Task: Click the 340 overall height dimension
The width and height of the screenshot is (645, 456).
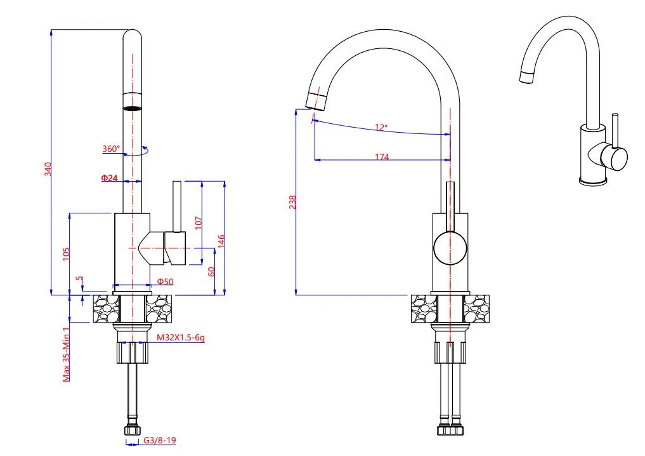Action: click(48, 169)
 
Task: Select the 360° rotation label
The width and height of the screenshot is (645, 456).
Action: click(110, 149)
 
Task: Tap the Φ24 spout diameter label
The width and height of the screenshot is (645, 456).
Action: click(109, 178)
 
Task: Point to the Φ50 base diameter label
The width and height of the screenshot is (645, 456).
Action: click(165, 281)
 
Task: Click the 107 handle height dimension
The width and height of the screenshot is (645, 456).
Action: click(198, 222)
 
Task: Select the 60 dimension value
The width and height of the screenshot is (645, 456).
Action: click(212, 271)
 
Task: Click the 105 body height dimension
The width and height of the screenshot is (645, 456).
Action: click(66, 253)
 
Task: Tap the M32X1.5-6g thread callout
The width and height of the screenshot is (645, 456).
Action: click(181, 338)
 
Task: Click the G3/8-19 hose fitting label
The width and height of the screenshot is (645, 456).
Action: click(159, 439)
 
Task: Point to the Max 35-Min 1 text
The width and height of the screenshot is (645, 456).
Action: click(66, 354)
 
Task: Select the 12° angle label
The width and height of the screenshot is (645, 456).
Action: click(381, 127)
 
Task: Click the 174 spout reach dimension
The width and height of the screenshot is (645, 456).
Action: click(382, 157)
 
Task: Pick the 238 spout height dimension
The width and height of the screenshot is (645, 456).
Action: click(292, 202)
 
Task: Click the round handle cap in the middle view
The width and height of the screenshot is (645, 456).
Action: click(450, 248)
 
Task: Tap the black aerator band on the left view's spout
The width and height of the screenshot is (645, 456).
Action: click(133, 109)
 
